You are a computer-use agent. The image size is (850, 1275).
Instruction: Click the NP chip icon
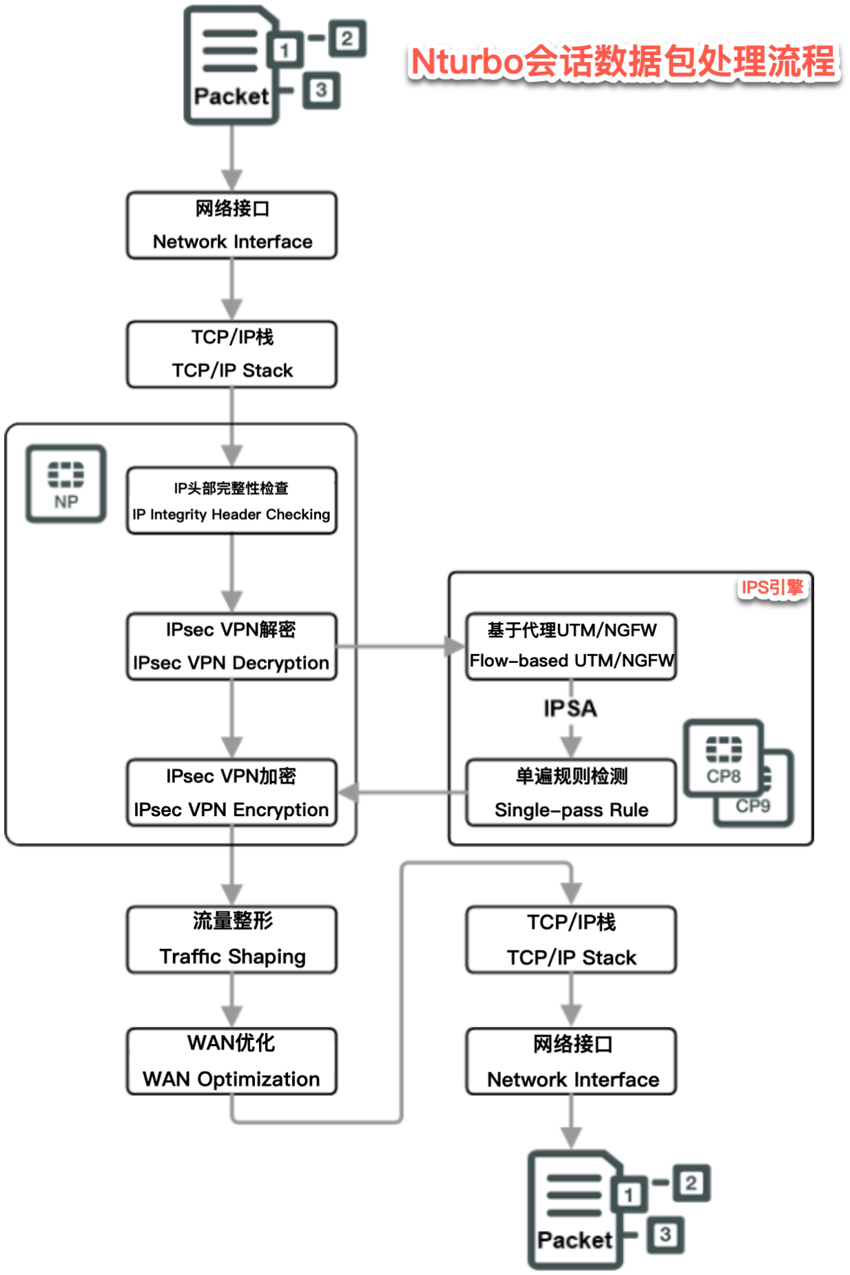coord(66,484)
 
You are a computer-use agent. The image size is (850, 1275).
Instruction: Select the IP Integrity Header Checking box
coord(231,501)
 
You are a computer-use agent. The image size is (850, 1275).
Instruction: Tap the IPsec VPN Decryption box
coord(231,646)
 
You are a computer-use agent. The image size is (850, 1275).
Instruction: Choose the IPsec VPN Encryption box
coord(231,793)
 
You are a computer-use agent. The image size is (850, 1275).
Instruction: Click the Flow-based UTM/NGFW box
coord(571,646)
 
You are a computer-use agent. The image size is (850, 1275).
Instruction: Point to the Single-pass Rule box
coord(571,793)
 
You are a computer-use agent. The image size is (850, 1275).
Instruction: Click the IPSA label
coord(570,708)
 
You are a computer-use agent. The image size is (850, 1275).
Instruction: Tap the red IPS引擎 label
coord(772,587)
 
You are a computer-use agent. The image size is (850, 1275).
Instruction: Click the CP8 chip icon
coord(723,758)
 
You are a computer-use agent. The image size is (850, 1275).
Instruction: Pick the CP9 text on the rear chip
coord(754,806)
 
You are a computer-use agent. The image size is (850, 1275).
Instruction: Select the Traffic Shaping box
coord(231,939)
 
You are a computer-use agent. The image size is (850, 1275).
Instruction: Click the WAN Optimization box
coord(231,1061)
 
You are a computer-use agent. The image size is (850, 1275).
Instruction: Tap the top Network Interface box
coord(231,225)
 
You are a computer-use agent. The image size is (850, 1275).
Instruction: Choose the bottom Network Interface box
coord(571,1061)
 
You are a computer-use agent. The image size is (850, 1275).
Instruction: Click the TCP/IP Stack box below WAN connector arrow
coord(571,939)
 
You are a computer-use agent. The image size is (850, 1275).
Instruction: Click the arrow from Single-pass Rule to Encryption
coord(403,793)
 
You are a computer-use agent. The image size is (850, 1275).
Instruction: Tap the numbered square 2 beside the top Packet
coord(346,39)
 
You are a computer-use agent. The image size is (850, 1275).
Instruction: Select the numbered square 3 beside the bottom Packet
coord(665,1234)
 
